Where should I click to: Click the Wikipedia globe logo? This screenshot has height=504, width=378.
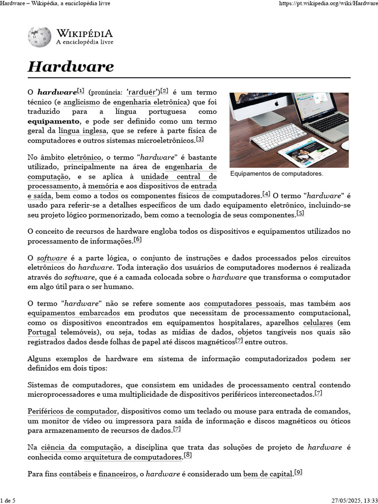coord(39,37)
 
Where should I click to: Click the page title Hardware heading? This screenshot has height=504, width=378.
coord(71,66)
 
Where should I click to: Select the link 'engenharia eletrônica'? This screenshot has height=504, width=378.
coord(151,102)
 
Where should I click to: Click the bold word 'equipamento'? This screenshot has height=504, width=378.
coord(53,121)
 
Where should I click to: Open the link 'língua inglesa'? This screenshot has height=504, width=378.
coord(82,130)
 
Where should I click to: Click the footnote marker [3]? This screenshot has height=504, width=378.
coord(199,139)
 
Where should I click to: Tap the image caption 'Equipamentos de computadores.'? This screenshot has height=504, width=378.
coord(277,174)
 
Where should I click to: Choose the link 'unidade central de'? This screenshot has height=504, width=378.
coord(178,177)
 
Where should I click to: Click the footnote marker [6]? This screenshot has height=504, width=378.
coord(137,240)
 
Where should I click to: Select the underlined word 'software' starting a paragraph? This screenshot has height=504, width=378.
coord(52,258)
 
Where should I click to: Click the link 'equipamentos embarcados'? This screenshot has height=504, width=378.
coord(74,313)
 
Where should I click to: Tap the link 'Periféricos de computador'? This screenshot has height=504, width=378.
coord(73,411)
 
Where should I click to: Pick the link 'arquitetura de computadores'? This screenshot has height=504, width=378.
coord(132,457)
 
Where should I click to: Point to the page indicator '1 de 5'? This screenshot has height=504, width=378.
coord(8,501)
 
